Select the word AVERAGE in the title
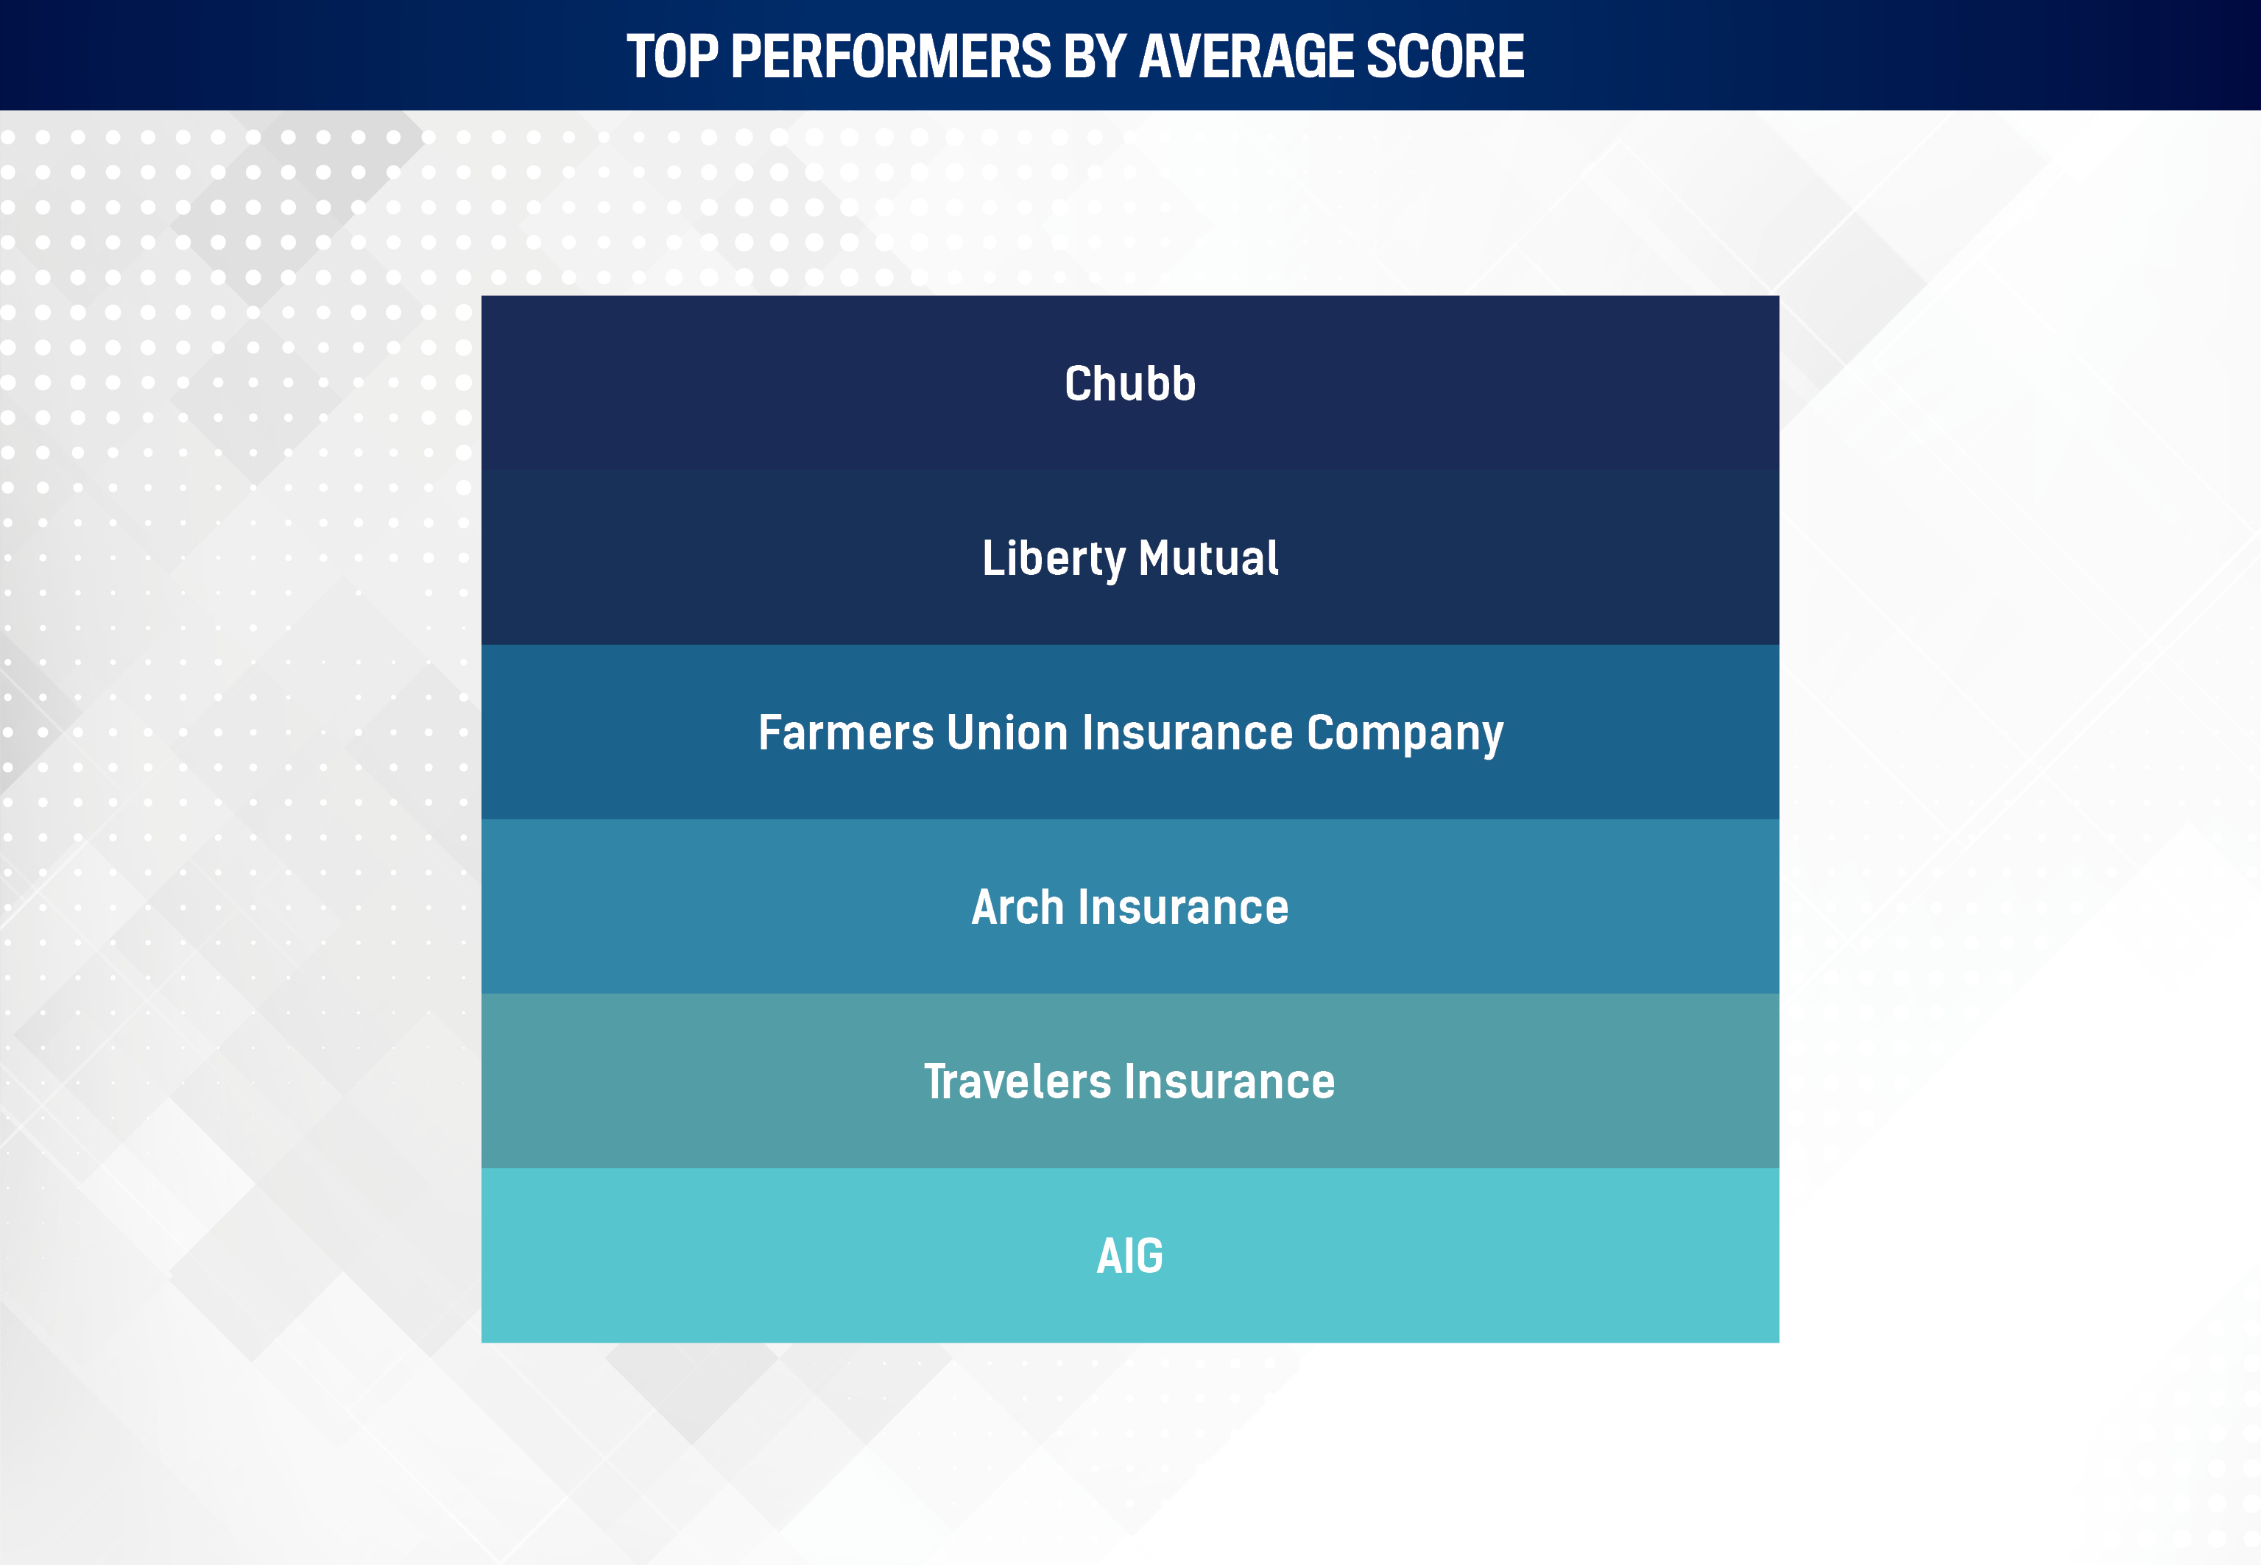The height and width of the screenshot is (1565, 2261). pyautogui.click(x=1247, y=56)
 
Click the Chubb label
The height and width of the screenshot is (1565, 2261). pyautogui.click(x=1131, y=384)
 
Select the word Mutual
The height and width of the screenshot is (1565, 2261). pyautogui.click(x=1208, y=558)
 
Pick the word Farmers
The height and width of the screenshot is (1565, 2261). pyautogui.click(x=846, y=732)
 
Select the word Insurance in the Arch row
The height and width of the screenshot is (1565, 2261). pyautogui.click(x=1183, y=907)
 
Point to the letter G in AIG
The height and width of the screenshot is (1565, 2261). pyautogui.click(x=1148, y=1256)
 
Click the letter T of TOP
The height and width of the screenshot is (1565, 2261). pyautogui.click(x=641, y=56)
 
